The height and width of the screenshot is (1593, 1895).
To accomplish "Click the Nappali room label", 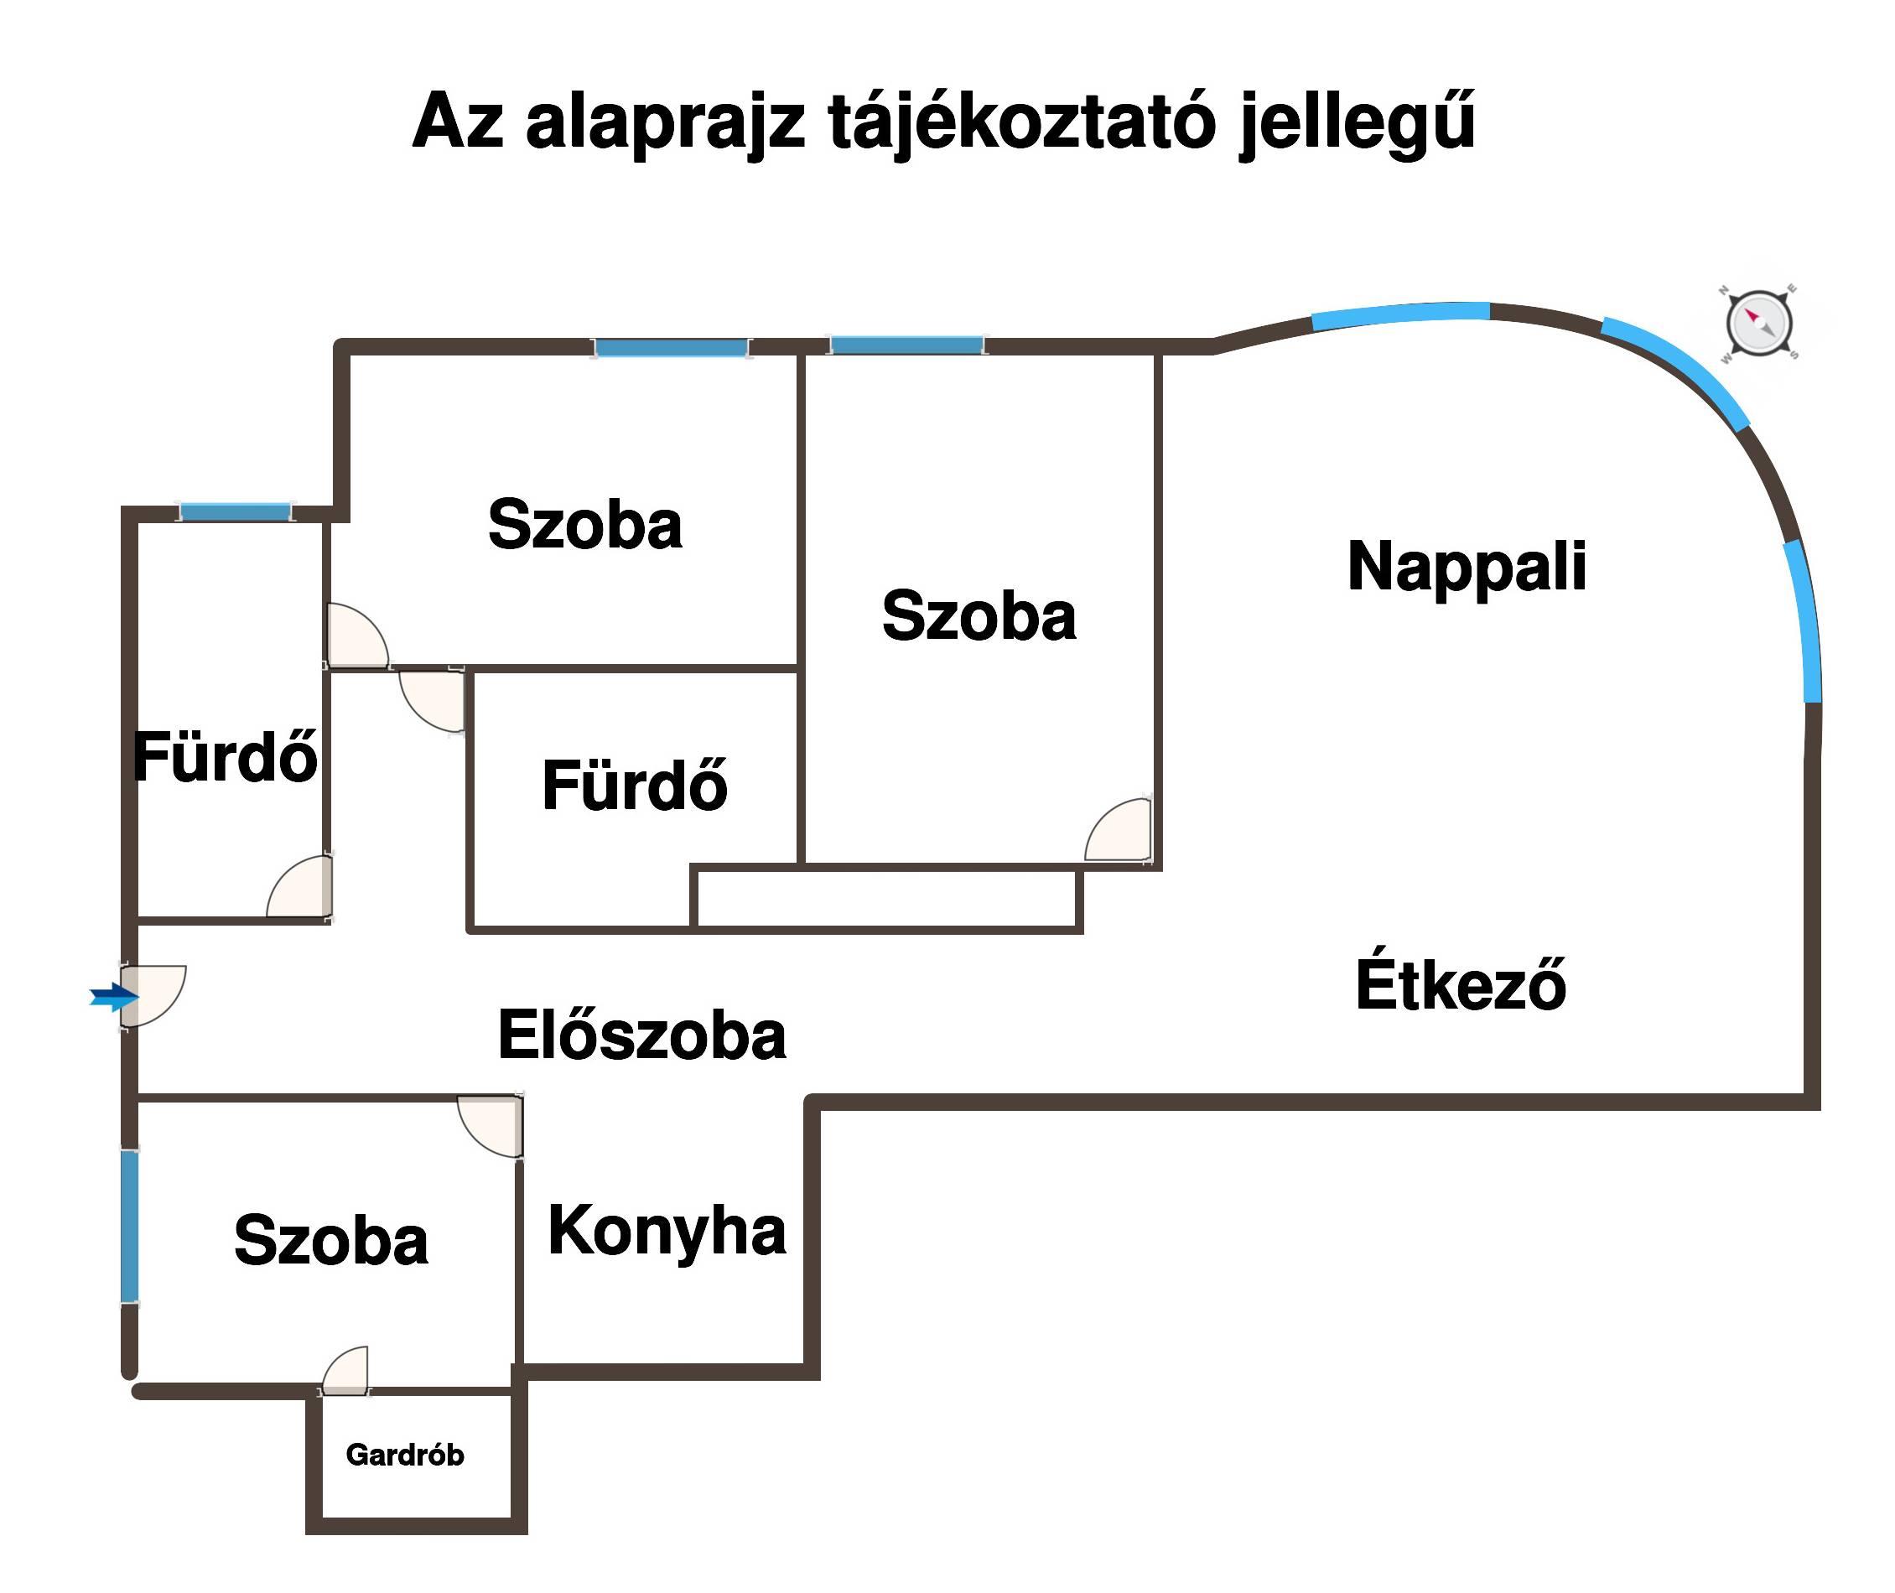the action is point(1467,567).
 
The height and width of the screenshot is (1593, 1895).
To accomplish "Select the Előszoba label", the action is point(641,1035).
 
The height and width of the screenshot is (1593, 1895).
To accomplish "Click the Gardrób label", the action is point(405,1455).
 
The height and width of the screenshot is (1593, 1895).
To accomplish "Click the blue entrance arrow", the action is point(114,997).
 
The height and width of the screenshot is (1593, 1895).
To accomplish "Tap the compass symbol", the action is point(1758,323).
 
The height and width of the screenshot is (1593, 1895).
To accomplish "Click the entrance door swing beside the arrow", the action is point(153,995).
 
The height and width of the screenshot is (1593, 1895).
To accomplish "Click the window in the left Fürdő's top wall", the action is point(235,512).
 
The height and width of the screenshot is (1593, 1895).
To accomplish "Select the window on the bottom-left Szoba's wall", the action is point(130,1226).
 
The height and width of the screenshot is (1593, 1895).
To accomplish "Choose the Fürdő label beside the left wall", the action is point(225,757).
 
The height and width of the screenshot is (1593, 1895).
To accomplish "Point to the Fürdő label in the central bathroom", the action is point(634,785).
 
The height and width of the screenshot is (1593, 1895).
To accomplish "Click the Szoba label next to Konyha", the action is point(330,1240).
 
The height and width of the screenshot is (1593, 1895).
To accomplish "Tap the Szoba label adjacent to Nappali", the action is point(979,616).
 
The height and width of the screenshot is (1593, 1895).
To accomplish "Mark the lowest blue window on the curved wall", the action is point(1804,621).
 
